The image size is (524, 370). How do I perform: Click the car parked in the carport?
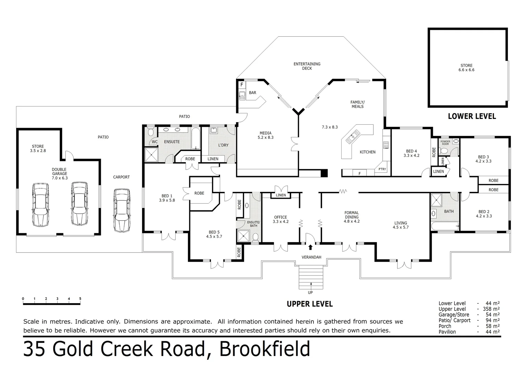[x=122, y=210]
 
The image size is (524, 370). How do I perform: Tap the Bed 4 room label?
[x=411, y=153]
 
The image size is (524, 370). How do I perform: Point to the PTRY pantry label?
[x=382, y=169]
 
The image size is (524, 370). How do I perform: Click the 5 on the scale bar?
[x=80, y=299]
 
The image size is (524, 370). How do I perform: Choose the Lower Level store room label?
[x=466, y=67]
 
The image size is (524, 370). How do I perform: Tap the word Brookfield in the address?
[x=264, y=349]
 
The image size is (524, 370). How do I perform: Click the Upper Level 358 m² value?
[x=492, y=309]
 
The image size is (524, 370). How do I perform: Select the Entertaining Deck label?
[x=307, y=66]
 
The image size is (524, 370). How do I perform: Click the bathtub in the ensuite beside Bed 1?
[x=195, y=138]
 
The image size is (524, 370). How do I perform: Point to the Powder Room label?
[x=445, y=143]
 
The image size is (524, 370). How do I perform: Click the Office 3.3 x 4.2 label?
[x=281, y=219]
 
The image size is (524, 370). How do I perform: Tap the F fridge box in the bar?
[x=241, y=84]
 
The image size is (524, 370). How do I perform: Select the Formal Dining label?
[x=352, y=217]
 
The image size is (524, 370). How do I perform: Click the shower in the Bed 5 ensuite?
[x=244, y=236]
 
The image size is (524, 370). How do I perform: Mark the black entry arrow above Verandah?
[x=311, y=247]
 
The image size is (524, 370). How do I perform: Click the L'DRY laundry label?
[x=223, y=145]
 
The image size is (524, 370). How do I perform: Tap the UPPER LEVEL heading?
[x=310, y=304]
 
